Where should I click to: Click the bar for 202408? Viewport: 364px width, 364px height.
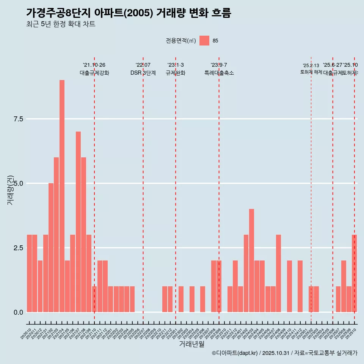tap(278, 273)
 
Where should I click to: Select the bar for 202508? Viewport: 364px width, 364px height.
tap(344, 286)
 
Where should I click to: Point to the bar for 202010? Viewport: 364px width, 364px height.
tap(29, 273)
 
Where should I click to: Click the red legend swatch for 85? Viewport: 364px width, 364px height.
tap(204, 41)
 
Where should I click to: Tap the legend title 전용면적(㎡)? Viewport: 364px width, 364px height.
tap(181, 41)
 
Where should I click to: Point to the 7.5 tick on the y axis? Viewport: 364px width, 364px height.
tap(19, 119)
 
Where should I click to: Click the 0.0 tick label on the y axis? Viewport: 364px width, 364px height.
tap(19, 312)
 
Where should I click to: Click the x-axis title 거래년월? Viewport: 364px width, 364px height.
tap(191, 344)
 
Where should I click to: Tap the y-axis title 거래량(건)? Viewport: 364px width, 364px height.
tap(10, 190)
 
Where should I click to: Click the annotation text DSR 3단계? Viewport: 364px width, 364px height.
tap(143, 73)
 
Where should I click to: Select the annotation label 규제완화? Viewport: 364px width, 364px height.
tap(176, 73)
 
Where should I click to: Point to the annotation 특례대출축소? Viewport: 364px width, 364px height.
tap(219, 73)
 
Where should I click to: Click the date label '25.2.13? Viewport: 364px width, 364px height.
tap(311, 66)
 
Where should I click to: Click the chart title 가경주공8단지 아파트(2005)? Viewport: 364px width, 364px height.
tap(129, 13)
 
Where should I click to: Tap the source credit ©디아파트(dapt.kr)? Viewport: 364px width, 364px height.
tap(235, 353)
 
